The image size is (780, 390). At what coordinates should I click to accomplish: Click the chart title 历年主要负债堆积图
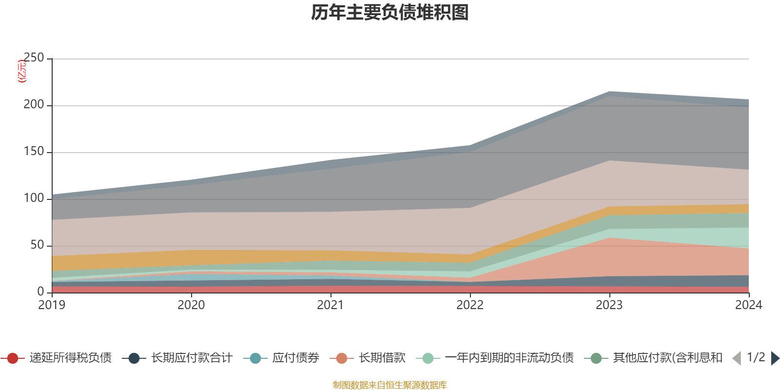coord(390,13)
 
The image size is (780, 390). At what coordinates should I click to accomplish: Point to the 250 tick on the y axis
coord(34,58)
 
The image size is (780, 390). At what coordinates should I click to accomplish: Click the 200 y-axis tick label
coord(34,105)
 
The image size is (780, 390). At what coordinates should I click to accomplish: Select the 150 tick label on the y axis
coord(34,152)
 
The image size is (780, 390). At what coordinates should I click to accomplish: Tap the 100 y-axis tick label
coord(34,198)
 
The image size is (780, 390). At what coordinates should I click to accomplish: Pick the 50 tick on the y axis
coord(37,245)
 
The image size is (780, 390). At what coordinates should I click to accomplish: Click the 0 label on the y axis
coord(41,292)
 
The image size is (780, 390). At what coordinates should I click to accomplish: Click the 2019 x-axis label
coord(52,305)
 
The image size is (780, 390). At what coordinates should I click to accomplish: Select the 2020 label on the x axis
coord(191,305)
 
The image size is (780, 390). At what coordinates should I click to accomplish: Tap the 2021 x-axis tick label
coord(331,305)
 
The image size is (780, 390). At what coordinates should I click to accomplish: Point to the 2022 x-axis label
coord(470,305)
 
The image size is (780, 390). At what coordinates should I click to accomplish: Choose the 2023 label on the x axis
coord(609,305)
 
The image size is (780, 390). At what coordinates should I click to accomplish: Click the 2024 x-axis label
coord(748,305)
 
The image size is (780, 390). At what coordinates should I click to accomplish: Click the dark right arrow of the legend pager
coord(775,358)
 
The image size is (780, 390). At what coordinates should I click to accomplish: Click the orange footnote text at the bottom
coord(390,385)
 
